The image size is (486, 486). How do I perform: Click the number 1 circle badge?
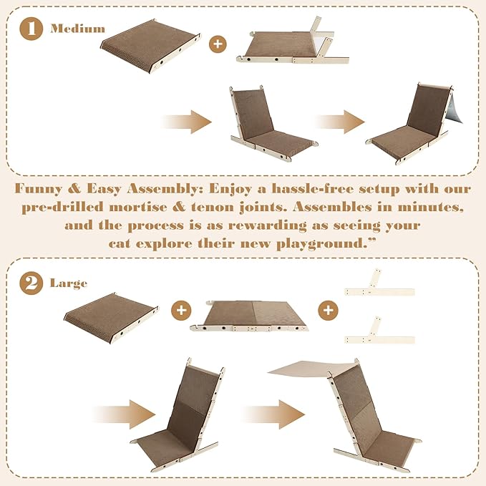(x=30, y=30)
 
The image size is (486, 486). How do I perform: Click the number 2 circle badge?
(x=30, y=283)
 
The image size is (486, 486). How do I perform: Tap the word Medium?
(x=77, y=29)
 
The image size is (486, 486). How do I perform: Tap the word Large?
(x=69, y=283)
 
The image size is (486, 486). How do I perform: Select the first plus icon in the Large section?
(x=181, y=310)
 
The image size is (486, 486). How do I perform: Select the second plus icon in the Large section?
(x=328, y=310)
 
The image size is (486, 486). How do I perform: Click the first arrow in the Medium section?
(x=188, y=122)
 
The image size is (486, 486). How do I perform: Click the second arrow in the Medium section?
(x=339, y=122)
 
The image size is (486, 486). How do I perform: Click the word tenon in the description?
(x=248, y=208)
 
